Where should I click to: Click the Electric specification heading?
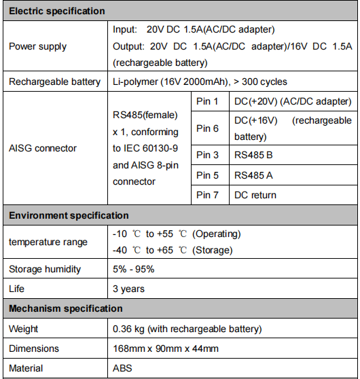tap(57, 12)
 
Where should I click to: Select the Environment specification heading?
tap(69, 215)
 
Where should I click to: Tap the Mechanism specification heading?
tap(66, 308)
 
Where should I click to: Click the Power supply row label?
tap(37, 47)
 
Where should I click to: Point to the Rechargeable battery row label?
tap(54, 82)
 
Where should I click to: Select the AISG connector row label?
tap(42, 148)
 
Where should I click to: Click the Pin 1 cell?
tap(207, 101)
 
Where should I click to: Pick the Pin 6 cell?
tap(207, 128)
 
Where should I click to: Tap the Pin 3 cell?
tap(207, 156)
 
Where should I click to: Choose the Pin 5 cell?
tap(207, 175)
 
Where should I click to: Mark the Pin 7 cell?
tap(207, 195)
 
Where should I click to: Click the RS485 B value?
tap(253, 156)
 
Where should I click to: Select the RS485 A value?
tap(253, 175)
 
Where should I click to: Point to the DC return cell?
tap(255, 195)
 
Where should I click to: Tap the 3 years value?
tap(128, 289)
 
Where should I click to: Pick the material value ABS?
tap(123, 368)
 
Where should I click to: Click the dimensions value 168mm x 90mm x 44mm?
tap(166, 348)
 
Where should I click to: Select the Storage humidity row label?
tap(45, 269)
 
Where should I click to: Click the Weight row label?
tap(24, 329)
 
